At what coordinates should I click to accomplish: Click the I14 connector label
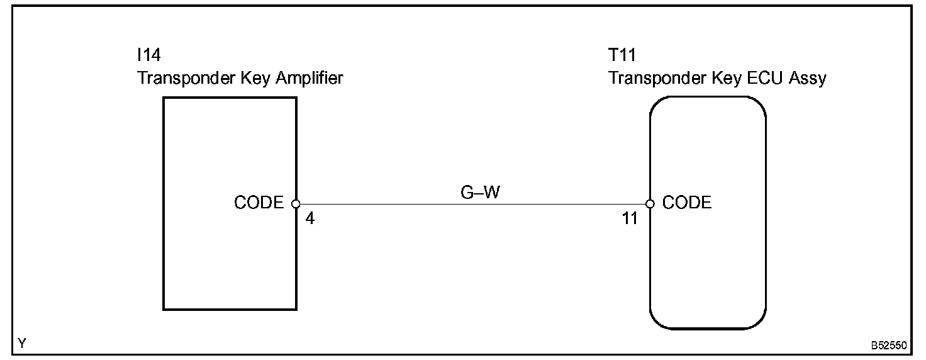click(x=148, y=56)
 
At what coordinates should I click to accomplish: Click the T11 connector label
click(x=622, y=56)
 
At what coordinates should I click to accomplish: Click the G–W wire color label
click(x=480, y=193)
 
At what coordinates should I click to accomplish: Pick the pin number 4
click(x=309, y=219)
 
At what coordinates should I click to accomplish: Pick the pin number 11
click(x=629, y=219)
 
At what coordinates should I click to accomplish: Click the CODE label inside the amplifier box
click(x=259, y=203)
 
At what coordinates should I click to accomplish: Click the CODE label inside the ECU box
click(x=687, y=203)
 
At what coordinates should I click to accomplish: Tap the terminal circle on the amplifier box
click(x=296, y=204)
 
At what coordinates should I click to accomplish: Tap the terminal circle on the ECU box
click(x=650, y=204)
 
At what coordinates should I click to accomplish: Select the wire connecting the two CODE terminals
click(x=472, y=205)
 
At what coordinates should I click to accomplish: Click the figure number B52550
click(x=889, y=346)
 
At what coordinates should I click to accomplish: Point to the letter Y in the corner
click(x=23, y=344)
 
